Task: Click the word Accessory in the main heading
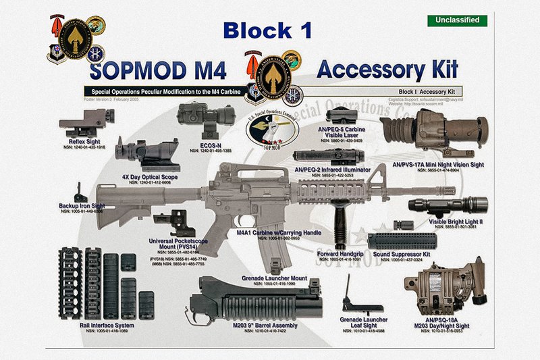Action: pos(364,69)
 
